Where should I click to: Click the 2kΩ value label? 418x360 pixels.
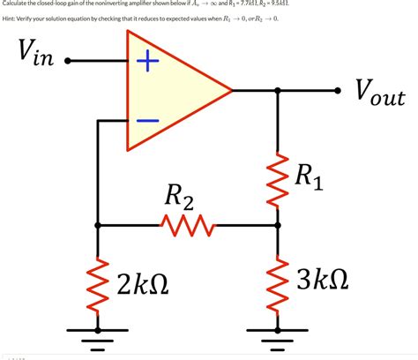(145, 284)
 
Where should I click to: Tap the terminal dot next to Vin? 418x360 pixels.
(67, 63)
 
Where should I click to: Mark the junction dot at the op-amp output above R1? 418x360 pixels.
(279, 90)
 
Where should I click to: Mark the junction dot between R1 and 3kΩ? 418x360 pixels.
(279, 225)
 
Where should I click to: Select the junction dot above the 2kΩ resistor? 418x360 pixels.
(97, 225)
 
